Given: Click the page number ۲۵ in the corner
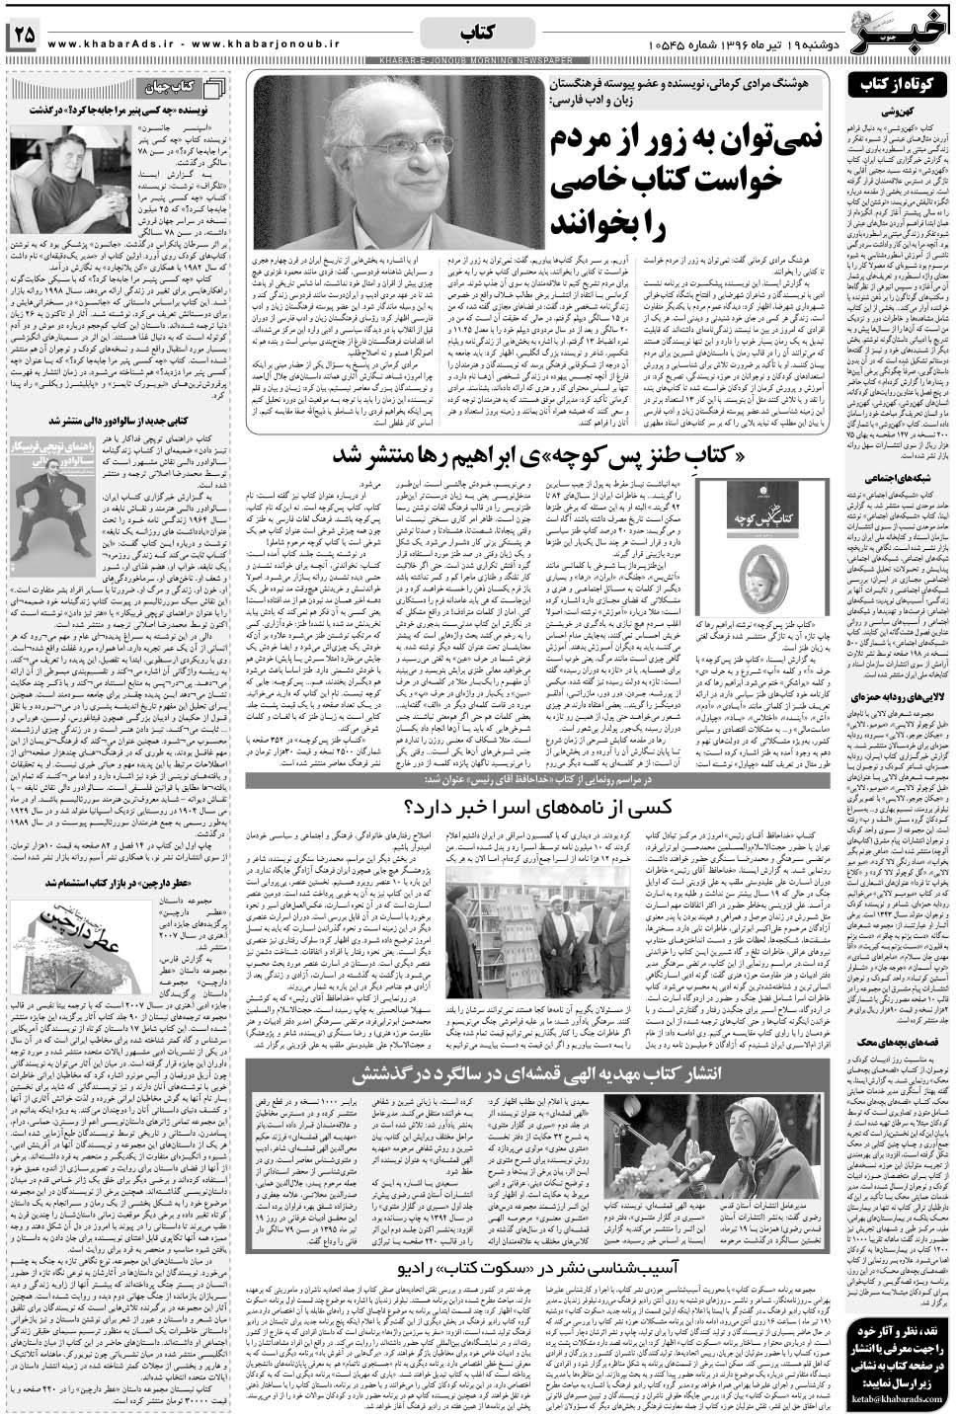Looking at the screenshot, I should [x=22, y=36].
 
